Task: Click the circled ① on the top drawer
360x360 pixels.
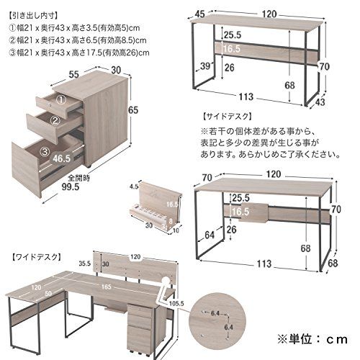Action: pyautogui.click(x=61, y=101)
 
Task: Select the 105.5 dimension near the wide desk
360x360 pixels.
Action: pyautogui.click(x=178, y=303)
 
